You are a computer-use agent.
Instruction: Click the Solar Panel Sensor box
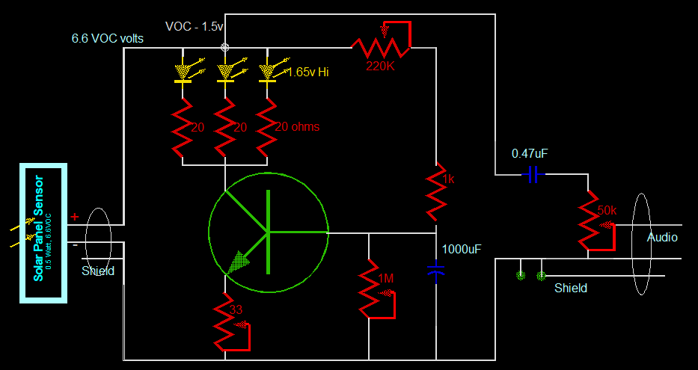[43, 233]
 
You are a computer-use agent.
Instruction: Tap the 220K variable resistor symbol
[382, 43]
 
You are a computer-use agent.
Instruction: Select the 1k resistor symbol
[437, 191]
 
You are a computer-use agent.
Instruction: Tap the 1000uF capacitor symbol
[437, 271]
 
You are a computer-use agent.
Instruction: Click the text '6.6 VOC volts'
[108, 38]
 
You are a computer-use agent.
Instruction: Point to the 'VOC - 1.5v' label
[194, 26]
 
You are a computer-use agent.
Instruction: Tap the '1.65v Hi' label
[308, 73]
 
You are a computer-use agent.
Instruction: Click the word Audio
[662, 238]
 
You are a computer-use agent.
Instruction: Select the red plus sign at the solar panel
[74, 218]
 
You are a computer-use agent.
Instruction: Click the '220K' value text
[380, 65]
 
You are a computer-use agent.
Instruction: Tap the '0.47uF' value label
[530, 153]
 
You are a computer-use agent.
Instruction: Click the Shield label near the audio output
[570, 288]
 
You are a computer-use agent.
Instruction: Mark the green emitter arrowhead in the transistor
[238, 261]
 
